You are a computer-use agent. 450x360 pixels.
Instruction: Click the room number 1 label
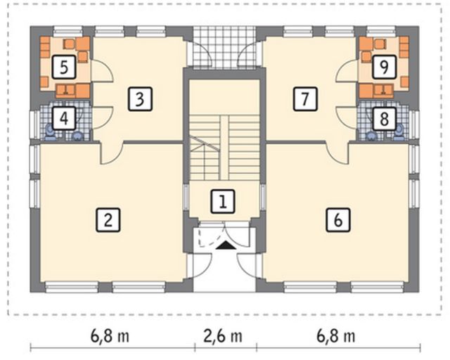[223, 201]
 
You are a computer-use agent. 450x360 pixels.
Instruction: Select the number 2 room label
[108, 220]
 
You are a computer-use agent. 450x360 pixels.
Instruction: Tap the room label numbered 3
[140, 99]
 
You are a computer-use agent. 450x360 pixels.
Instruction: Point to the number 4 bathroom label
[64, 119]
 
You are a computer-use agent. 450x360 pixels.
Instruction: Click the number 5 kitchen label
[64, 67]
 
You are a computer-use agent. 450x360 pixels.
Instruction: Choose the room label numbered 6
[338, 220]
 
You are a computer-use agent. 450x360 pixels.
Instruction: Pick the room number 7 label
[305, 99]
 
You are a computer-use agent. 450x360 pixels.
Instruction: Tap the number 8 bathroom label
[385, 119]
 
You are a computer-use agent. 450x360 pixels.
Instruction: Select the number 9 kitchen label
[385, 67]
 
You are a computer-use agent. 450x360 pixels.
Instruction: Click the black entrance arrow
[224, 245]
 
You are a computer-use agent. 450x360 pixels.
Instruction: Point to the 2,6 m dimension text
[223, 336]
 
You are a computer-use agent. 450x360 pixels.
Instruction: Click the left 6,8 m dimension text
[110, 336]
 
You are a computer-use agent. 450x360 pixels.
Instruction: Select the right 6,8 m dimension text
[336, 336]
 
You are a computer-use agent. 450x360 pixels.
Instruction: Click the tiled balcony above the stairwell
[224, 47]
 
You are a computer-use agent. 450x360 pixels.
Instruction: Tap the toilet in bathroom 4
[49, 133]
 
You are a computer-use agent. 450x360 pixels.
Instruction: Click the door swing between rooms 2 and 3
[111, 153]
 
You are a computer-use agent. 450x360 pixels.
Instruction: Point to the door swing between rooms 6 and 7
[337, 153]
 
